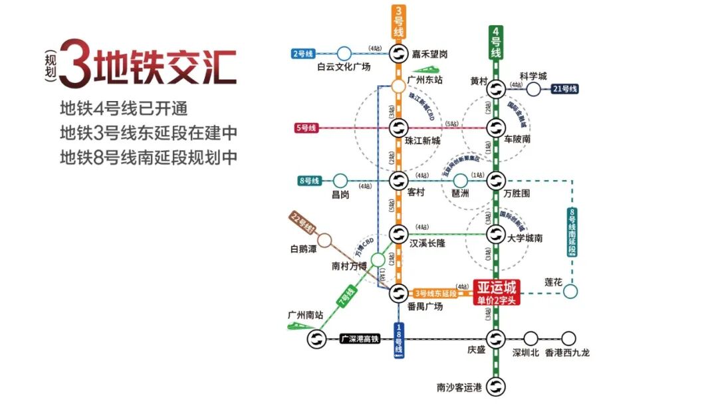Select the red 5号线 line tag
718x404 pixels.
(308, 127)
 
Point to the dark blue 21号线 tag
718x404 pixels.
(564, 88)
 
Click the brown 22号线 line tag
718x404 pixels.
(302, 224)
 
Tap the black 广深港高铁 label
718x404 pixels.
(359, 339)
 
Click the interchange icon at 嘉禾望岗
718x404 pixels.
(398, 54)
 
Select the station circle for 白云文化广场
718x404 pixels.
(344, 53)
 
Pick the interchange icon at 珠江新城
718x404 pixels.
(398, 127)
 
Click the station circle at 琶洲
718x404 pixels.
(460, 180)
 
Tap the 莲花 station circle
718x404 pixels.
(570, 291)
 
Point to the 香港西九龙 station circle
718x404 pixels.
(568, 338)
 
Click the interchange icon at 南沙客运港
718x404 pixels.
(495, 386)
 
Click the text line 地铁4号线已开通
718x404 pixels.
(125, 108)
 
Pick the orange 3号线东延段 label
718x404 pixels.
(435, 293)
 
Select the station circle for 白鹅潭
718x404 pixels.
(324, 240)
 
